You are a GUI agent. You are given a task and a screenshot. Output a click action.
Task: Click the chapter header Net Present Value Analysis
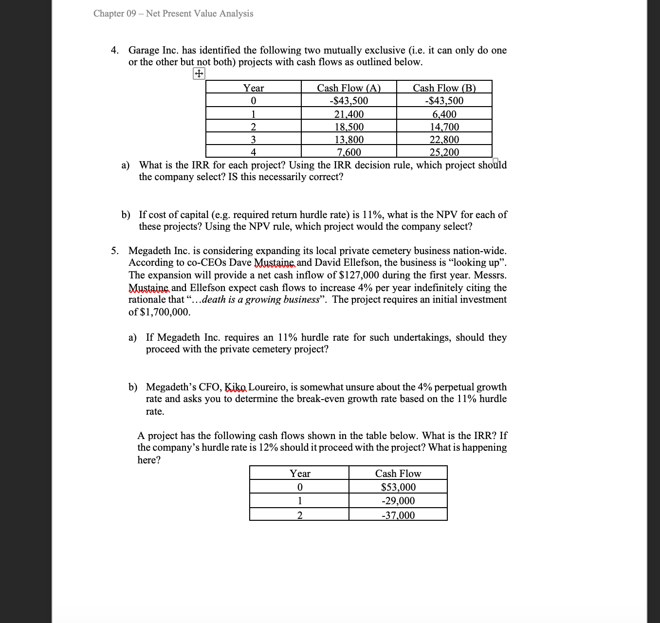pos(173,14)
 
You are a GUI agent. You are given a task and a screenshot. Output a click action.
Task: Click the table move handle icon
pos(199,74)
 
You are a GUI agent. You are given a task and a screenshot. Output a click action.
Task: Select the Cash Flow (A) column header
pos(348,88)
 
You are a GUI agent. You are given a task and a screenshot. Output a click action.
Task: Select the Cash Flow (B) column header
pos(444,88)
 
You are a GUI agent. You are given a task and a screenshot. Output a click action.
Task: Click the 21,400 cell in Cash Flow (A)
pos(348,114)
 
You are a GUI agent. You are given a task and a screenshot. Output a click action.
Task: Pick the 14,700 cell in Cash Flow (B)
pos(444,127)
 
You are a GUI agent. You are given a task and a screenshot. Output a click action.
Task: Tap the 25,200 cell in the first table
pos(444,152)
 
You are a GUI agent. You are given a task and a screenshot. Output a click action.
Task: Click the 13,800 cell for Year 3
pos(348,140)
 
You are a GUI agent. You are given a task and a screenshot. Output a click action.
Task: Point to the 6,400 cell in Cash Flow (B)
pos(444,114)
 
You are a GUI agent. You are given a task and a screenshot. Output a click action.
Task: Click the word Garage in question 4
pos(144,51)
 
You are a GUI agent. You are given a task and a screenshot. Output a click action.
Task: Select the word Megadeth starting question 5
pos(149,251)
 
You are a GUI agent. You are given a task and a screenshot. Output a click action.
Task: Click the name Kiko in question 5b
pos(236,387)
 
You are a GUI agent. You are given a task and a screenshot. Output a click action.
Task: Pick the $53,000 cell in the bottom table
pos(398,487)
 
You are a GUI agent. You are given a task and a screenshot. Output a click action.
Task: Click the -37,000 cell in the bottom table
pos(398,515)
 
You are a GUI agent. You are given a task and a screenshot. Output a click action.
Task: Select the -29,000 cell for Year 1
pos(398,501)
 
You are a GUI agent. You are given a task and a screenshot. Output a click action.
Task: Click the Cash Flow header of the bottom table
pos(398,474)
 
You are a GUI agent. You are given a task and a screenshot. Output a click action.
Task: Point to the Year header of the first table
pos(253,88)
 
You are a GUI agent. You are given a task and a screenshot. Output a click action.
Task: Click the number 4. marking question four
pos(115,51)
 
